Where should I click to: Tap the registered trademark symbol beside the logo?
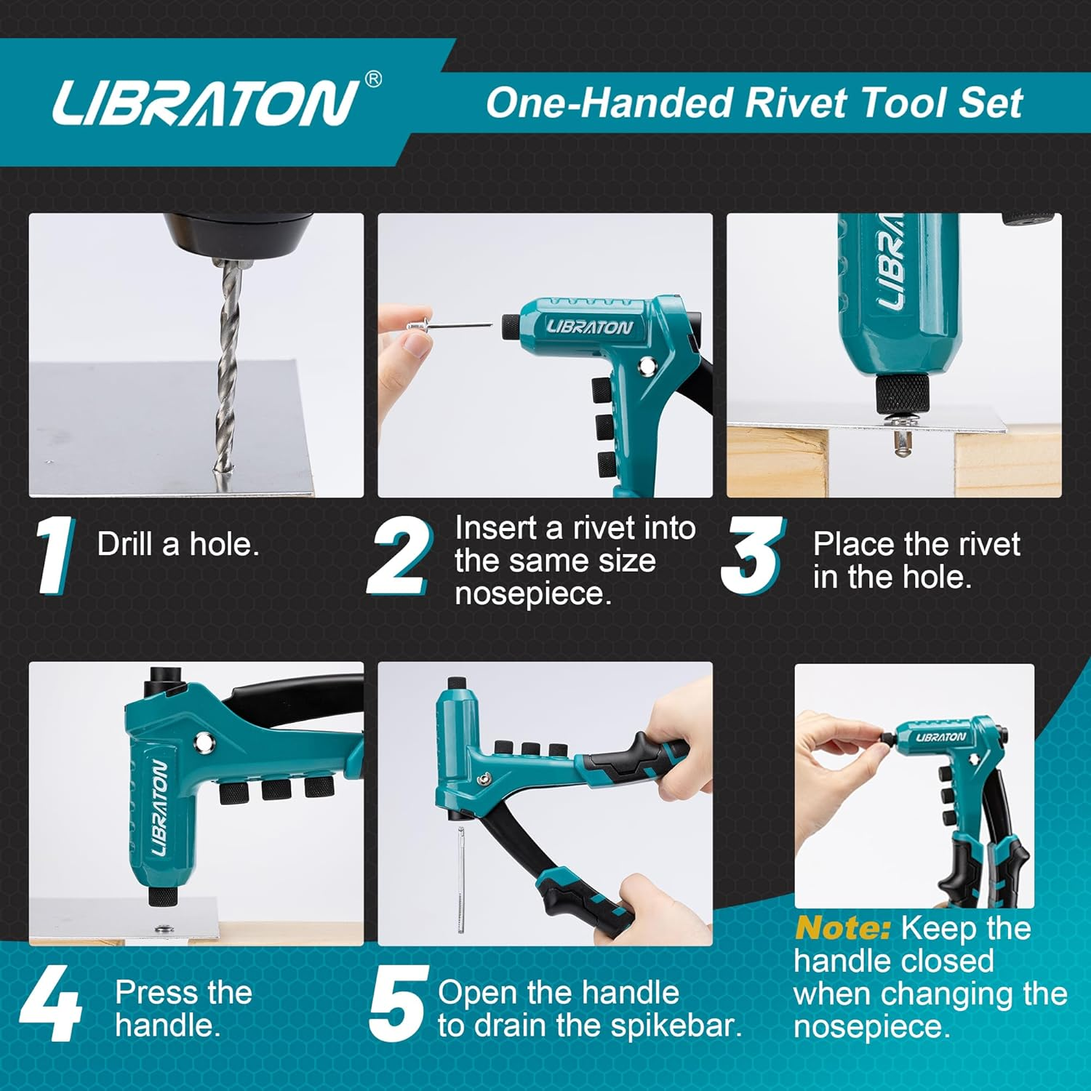point(372,79)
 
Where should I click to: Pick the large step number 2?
point(400,556)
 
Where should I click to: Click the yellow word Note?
point(842,929)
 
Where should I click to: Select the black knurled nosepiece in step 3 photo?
point(901,393)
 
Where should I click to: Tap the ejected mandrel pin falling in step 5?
point(461,880)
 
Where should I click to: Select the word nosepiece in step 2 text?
point(532,594)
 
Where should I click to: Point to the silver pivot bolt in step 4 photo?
point(204,742)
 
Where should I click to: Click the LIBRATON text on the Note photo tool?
point(940,737)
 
